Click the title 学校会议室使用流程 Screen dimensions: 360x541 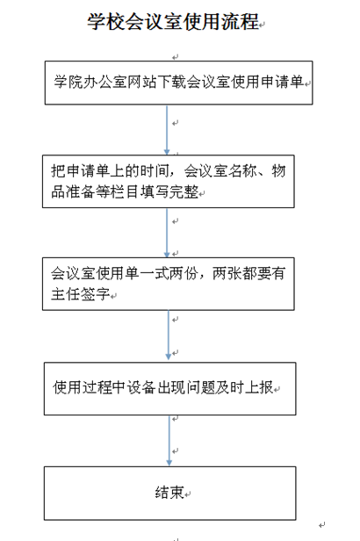click(173, 21)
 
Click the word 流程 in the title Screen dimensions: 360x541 click(241, 21)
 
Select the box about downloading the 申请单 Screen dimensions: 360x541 click(178, 83)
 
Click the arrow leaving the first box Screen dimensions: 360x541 click(167, 130)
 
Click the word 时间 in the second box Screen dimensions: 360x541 click(155, 171)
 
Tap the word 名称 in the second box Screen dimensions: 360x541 click(243, 171)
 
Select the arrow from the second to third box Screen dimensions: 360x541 click(167, 233)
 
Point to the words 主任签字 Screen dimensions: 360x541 click(81, 294)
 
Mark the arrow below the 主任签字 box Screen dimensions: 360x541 click(169, 335)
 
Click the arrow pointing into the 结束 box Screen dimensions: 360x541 click(169, 441)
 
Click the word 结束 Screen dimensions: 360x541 click(169, 493)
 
